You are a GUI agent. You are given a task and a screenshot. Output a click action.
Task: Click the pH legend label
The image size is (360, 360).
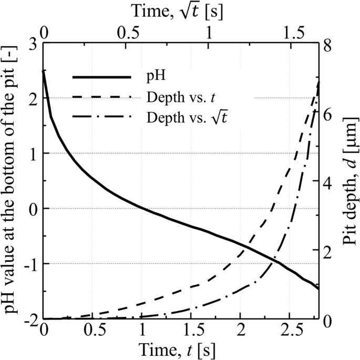[x=156, y=77]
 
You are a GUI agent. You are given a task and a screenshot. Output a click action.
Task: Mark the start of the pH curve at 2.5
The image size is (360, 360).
[x=44, y=71]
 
